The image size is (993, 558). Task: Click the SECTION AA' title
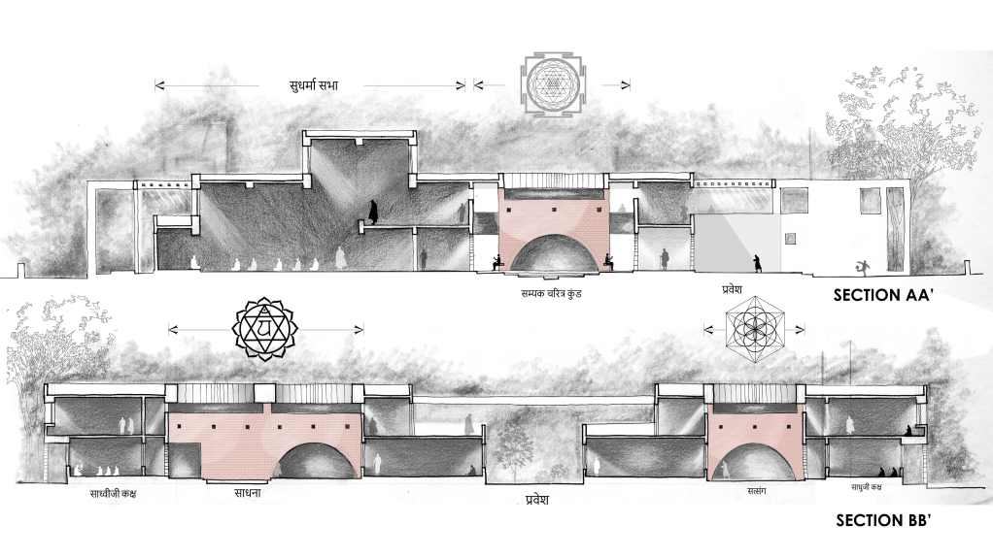(x=883, y=295)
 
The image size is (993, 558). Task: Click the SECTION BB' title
(x=883, y=521)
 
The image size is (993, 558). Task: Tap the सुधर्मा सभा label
(x=314, y=85)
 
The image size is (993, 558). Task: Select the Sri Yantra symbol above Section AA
(x=553, y=84)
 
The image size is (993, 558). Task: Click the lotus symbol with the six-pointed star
(x=265, y=328)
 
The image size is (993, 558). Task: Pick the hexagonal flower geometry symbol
(x=754, y=328)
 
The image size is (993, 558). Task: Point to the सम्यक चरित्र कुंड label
(x=551, y=294)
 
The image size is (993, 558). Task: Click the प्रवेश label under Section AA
(x=732, y=290)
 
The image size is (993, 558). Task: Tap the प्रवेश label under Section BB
(x=537, y=500)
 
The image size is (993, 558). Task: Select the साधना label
(x=243, y=492)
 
